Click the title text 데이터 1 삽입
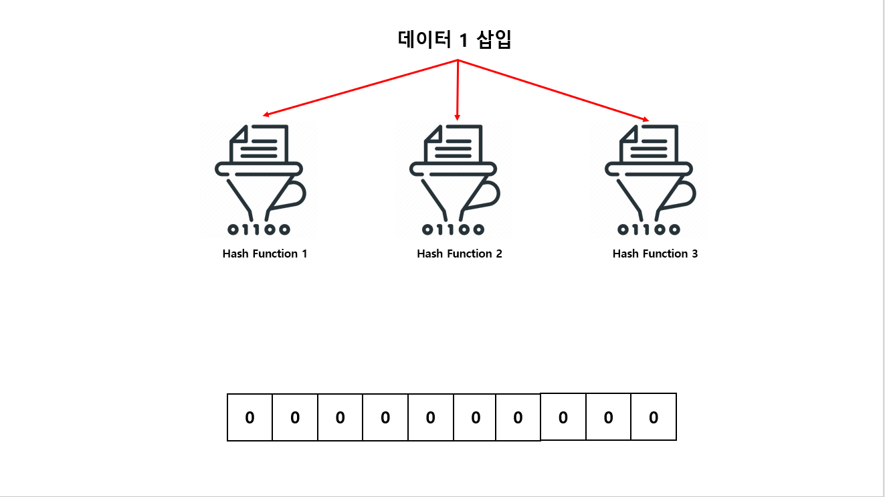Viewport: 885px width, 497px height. (455, 40)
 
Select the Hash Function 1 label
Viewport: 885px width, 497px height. (265, 254)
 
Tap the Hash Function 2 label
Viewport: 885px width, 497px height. (460, 254)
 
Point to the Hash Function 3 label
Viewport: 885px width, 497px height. (655, 254)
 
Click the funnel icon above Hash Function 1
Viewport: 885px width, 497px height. (260, 181)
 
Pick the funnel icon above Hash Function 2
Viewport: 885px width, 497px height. (454, 181)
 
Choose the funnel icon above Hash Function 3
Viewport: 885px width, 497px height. (650, 181)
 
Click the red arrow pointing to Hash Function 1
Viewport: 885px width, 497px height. (361, 88)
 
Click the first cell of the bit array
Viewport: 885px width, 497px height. (250, 417)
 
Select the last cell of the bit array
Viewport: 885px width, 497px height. (654, 417)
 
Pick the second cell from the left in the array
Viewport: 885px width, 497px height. (295, 417)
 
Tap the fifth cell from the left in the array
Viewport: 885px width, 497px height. (430, 417)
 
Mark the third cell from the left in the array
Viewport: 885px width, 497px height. (340, 417)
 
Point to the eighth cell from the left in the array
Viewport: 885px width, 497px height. (563, 417)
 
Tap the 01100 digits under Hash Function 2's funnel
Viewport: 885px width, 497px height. (454, 230)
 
